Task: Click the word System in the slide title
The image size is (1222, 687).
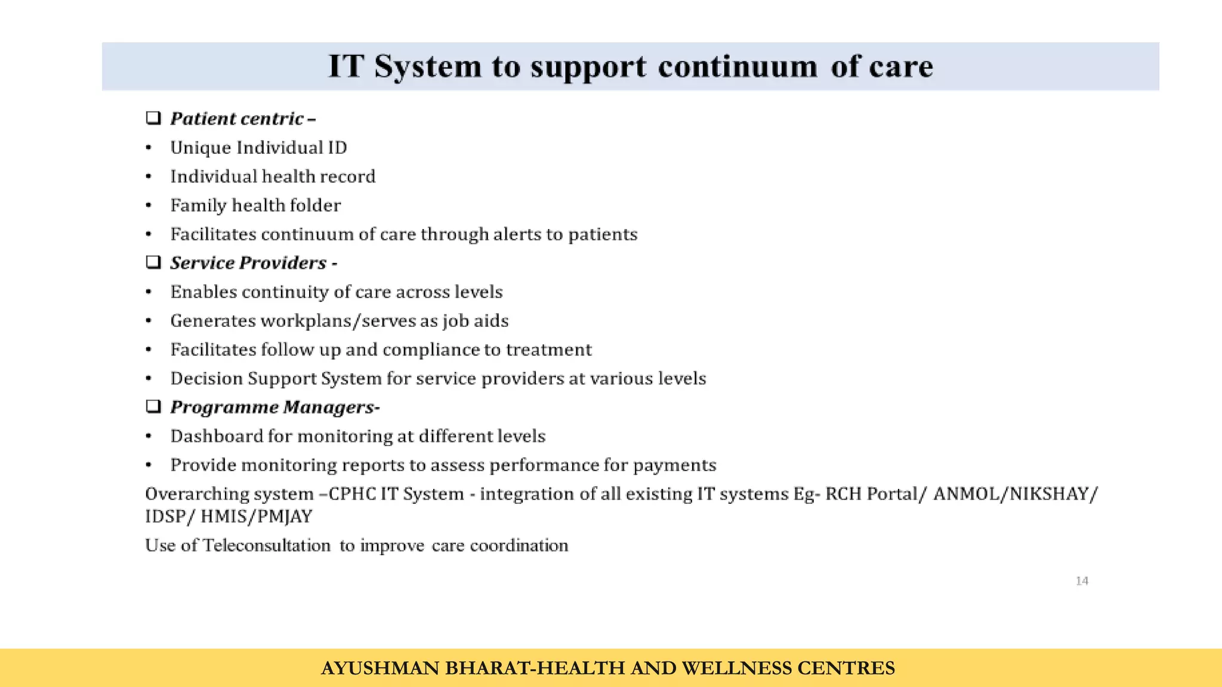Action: click(x=427, y=67)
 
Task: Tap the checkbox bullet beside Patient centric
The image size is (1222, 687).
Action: click(x=153, y=118)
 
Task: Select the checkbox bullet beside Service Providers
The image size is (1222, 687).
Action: click(x=153, y=262)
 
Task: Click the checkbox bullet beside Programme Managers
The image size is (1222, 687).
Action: click(x=153, y=407)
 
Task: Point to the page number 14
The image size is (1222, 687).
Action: click(x=1082, y=581)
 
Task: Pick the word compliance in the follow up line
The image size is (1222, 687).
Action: click(x=431, y=349)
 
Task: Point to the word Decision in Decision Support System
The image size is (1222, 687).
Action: click(x=206, y=379)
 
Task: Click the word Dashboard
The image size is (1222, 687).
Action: click(x=217, y=437)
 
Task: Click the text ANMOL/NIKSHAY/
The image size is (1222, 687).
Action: click(x=1015, y=494)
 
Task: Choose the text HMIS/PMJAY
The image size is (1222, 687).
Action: click(x=256, y=516)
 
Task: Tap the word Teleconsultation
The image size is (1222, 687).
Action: click(x=266, y=546)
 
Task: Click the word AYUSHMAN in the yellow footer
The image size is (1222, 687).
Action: click(x=379, y=669)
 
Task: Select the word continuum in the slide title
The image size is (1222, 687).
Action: click(x=737, y=67)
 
